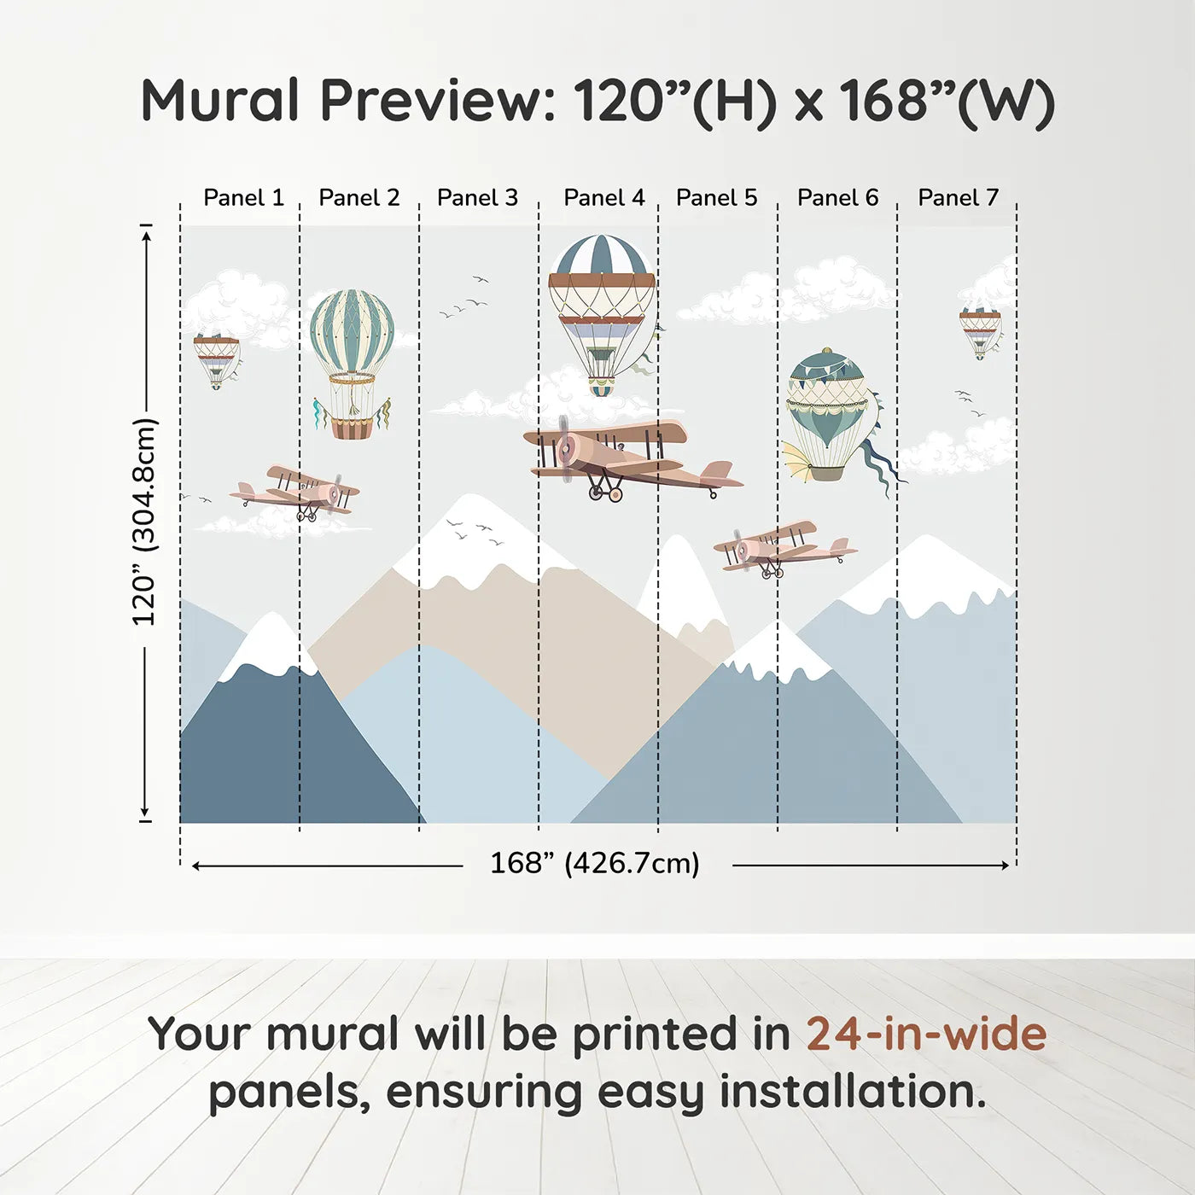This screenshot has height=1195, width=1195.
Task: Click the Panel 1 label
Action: [x=243, y=198]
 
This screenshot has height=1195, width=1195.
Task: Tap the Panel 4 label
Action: [x=604, y=198]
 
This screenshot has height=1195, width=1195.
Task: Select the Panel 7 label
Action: [x=958, y=198]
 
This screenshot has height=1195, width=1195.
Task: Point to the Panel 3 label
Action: [x=477, y=198]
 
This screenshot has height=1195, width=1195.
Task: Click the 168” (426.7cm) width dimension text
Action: [x=595, y=863]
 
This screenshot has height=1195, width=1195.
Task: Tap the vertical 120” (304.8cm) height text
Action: [x=145, y=522]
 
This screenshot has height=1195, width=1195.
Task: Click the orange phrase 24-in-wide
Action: [x=926, y=1034]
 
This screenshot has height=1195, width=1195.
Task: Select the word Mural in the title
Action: [x=221, y=100]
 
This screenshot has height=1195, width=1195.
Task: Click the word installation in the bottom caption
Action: [x=853, y=1092]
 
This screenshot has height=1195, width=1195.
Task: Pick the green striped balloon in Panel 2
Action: [x=353, y=364]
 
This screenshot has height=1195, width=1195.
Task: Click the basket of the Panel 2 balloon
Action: [x=353, y=428]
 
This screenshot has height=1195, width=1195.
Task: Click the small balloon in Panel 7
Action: [x=980, y=332]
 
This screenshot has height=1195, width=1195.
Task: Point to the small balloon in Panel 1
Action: [x=217, y=361]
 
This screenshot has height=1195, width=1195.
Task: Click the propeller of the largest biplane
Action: [x=564, y=449]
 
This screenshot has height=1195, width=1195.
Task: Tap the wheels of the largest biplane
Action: [x=604, y=493]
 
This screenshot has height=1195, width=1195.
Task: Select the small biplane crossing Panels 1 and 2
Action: [x=294, y=493]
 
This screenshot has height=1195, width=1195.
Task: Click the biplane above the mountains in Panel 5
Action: [x=784, y=549]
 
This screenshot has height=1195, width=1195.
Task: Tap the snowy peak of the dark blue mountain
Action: [x=269, y=644]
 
